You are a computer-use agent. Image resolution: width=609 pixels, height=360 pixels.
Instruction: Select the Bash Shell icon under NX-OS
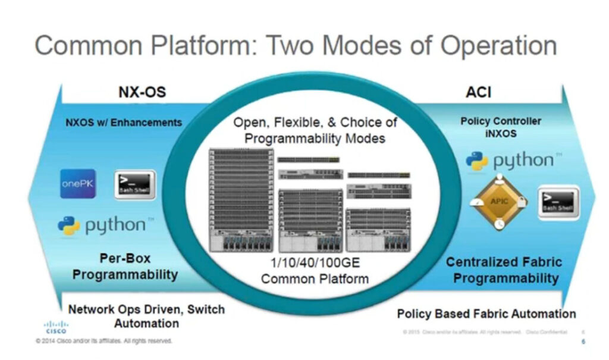tap(134, 185)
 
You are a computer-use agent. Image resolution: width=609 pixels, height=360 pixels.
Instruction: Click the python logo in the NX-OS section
tap(102, 226)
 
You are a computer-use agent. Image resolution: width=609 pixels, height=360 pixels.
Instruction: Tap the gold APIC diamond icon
tap(499, 202)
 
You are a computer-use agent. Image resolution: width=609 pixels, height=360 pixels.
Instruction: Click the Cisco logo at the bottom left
tap(56, 327)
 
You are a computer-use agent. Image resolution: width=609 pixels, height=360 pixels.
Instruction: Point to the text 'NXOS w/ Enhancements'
tap(124, 123)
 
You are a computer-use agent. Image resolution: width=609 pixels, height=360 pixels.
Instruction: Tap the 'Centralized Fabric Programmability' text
tap(504, 270)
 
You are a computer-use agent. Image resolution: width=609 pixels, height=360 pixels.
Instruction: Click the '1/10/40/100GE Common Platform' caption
tap(315, 271)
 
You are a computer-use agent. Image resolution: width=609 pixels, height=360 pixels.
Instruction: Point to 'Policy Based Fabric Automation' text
tap(486, 314)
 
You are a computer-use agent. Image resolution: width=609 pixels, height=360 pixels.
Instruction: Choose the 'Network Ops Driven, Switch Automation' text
tap(146, 317)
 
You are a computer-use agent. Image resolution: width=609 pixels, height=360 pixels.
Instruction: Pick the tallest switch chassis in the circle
tap(241, 199)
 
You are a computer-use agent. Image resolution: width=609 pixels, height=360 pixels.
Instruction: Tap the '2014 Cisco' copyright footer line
tap(104, 341)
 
